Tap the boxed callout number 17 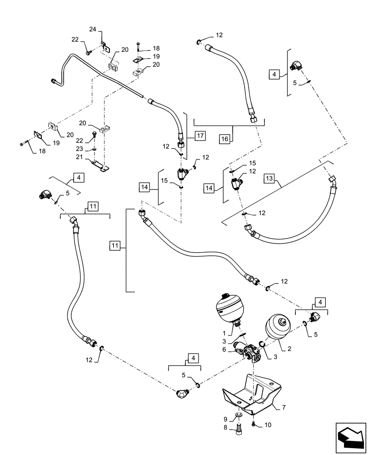point(200,135)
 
